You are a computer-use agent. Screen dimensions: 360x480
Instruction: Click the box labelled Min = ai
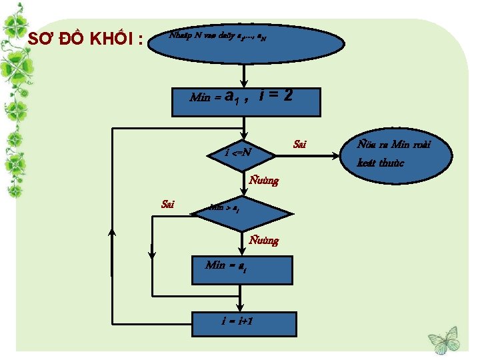[x=242, y=269]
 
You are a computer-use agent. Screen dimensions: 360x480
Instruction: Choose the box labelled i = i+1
[x=242, y=323]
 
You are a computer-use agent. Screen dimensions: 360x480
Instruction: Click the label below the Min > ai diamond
[x=263, y=240]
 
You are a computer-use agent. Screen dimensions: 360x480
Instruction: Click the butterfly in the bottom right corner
[x=443, y=339]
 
